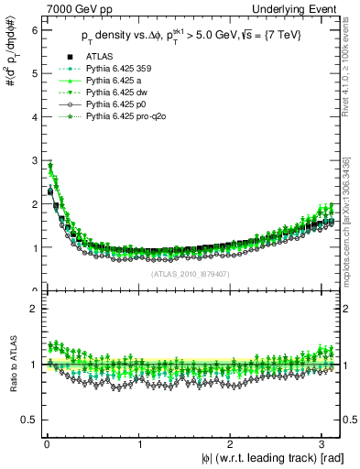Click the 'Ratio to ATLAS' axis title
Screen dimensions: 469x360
(10, 365)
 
